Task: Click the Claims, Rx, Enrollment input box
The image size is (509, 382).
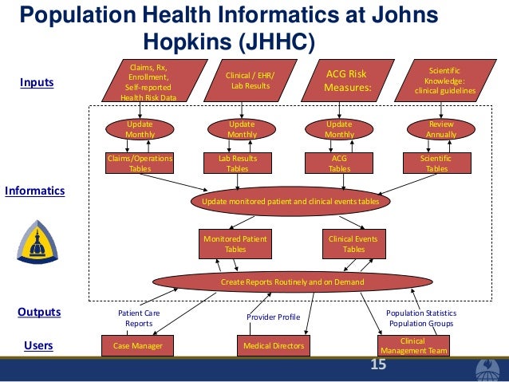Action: point(149,81)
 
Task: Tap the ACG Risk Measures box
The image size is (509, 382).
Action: point(347,81)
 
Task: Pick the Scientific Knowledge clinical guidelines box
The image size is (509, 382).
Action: point(444,81)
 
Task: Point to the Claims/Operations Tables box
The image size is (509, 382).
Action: point(140,163)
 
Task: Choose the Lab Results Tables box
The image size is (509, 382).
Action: point(237,163)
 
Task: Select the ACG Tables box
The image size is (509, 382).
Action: point(339,163)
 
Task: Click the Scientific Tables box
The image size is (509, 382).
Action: point(436,163)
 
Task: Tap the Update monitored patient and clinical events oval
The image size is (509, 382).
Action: point(290,202)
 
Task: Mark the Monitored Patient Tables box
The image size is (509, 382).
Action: point(235,244)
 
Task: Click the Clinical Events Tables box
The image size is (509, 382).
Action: point(353,244)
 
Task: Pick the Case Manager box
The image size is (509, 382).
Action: point(137,345)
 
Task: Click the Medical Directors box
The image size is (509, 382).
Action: point(273,345)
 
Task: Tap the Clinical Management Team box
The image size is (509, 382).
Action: point(412,345)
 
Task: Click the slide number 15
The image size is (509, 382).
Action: point(377,365)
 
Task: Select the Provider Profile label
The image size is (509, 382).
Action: point(273,317)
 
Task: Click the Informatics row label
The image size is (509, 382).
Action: point(35,191)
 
